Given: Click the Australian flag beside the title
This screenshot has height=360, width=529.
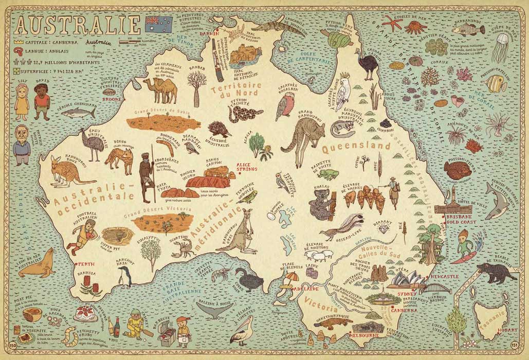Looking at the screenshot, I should coord(159,23).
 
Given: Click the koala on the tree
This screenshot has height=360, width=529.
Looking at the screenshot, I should coord(321,202).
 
